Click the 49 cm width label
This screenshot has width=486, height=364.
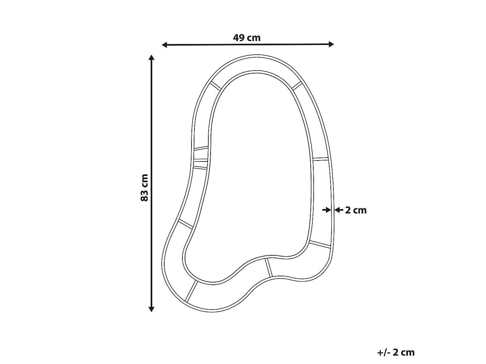[x=247, y=38]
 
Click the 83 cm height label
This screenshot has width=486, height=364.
[x=145, y=188]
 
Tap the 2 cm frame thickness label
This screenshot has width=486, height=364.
[x=356, y=210]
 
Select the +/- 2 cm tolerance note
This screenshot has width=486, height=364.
[x=396, y=352]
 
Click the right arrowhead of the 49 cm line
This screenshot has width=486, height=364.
[x=331, y=44]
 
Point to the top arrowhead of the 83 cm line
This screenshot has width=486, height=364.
[x=151, y=57]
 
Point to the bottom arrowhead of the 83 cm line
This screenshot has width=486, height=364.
[x=151, y=309]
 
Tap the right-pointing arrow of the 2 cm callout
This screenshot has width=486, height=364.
[x=327, y=210]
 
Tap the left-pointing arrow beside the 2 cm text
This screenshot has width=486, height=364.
[x=339, y=210]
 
